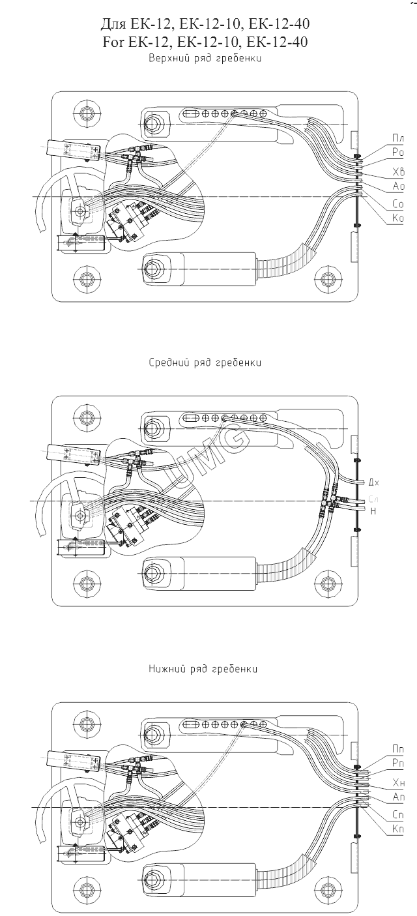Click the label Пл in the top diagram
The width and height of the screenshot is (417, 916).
tap(397, 138)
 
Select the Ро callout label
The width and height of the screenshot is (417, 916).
tap(397, 152)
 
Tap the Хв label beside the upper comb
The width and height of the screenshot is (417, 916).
tap(398, 172)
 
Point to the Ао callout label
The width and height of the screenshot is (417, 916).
tap(398, 186)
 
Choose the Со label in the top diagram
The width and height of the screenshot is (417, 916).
tap(397, 205)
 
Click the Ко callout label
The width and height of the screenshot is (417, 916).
tap(397, 218)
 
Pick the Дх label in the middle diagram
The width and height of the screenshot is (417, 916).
tap(373, 482)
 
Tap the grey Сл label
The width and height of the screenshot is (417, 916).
tap(373, 499)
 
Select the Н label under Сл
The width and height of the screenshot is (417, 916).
tap(373, 512)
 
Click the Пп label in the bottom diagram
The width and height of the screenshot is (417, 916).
tap(397, 748)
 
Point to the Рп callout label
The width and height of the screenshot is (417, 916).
tap(397, 762)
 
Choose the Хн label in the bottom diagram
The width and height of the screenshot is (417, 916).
tap(398, 782)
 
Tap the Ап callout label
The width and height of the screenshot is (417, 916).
tap(398, 797)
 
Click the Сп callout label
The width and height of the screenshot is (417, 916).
tap(397, 815)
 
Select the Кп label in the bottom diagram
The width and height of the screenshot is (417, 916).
tap(397, 829)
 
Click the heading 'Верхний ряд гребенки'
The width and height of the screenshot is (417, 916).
tap(205, 58)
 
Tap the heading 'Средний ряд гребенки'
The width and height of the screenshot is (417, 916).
tap(205, 362)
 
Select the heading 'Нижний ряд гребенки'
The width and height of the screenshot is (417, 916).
tap(203, 669)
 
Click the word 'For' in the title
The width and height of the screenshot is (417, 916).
tap(115, 42)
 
